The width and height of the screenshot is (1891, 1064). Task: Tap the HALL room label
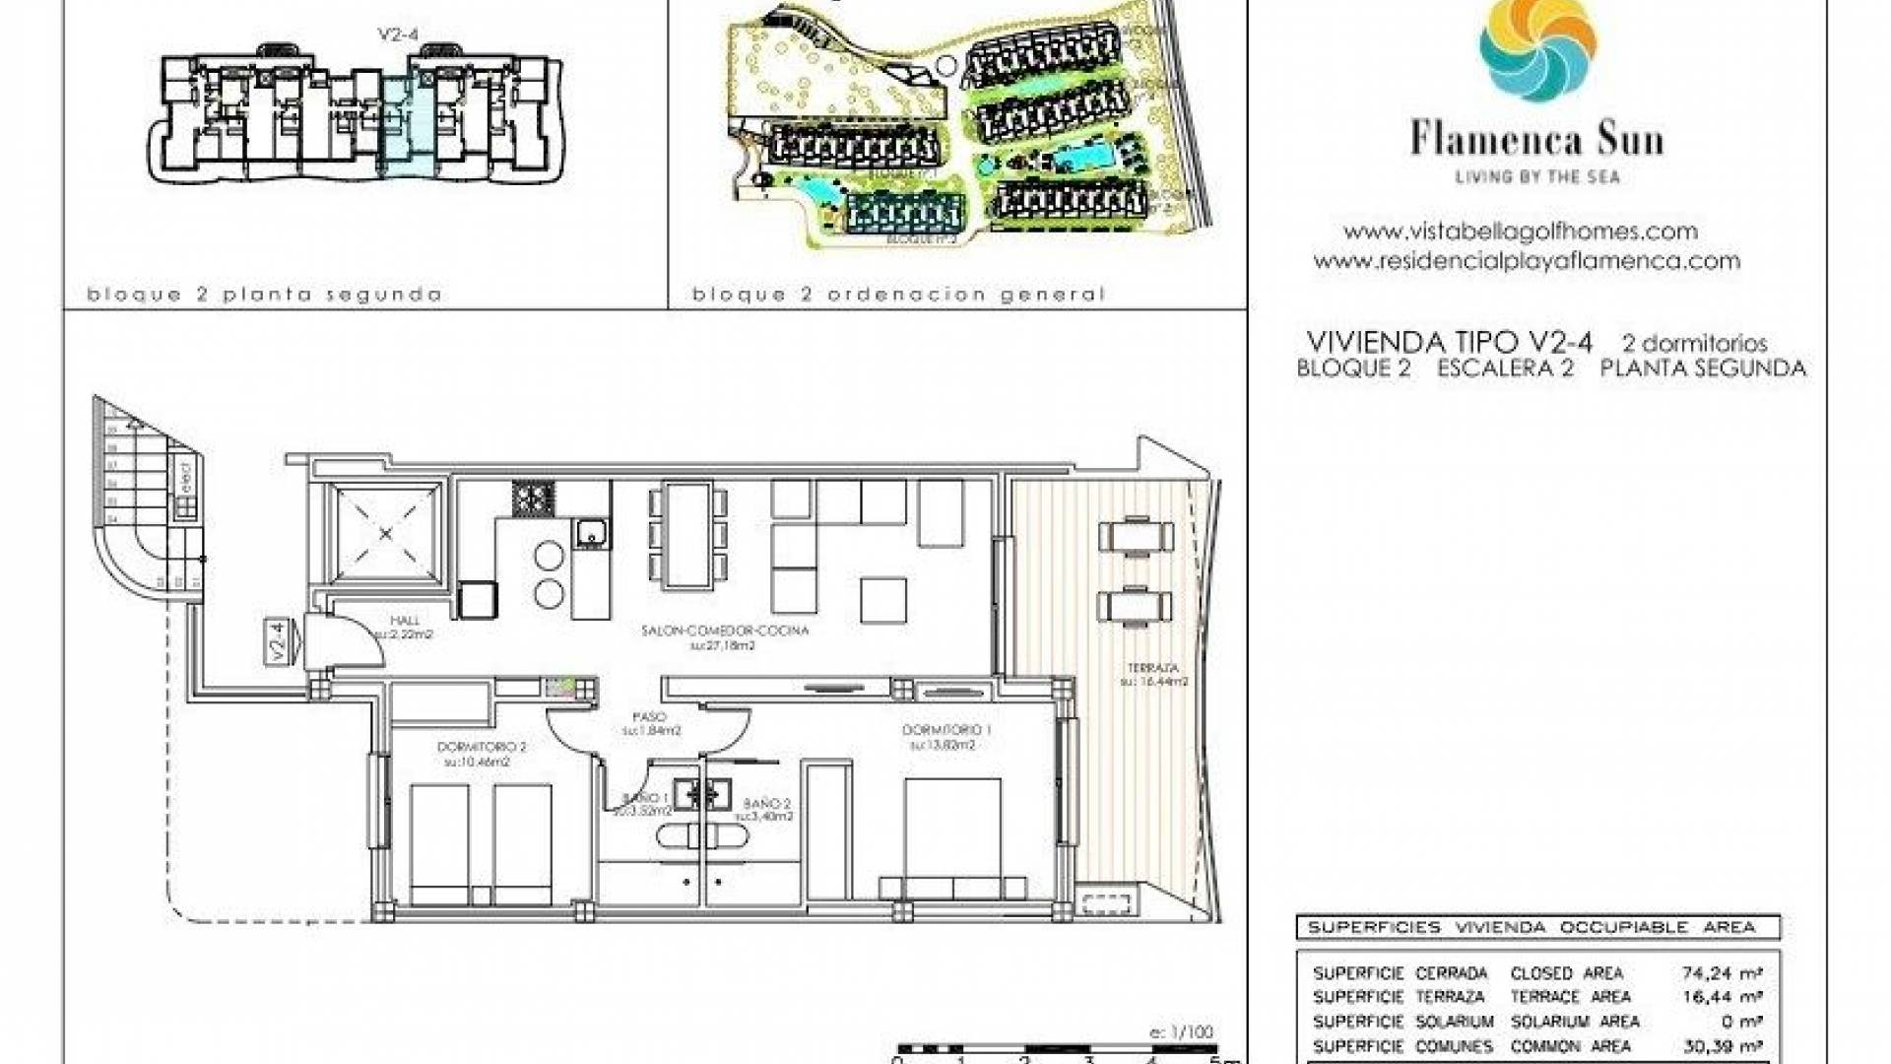coord(404,621)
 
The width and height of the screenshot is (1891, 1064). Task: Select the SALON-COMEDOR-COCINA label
coord(724,631)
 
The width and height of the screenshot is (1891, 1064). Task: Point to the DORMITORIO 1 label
coord(946,730)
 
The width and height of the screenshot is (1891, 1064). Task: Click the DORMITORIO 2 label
coord(482,747)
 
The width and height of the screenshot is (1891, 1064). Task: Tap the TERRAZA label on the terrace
coord(1152,668)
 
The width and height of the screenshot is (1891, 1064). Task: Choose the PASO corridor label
coord(649,717)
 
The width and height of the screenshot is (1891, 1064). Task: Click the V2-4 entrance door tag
coord(278,640)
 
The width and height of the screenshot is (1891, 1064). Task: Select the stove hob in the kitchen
coord(533,498)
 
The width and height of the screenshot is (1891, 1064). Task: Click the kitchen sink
coord(591,533)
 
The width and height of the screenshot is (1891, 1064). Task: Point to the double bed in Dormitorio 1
coord(952,837)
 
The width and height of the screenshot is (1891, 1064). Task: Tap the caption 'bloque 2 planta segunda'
coord(264,295)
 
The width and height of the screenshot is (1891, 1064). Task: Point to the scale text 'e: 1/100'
coord(1181,1032)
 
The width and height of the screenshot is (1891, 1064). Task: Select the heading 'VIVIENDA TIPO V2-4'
coord(1449,342)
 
